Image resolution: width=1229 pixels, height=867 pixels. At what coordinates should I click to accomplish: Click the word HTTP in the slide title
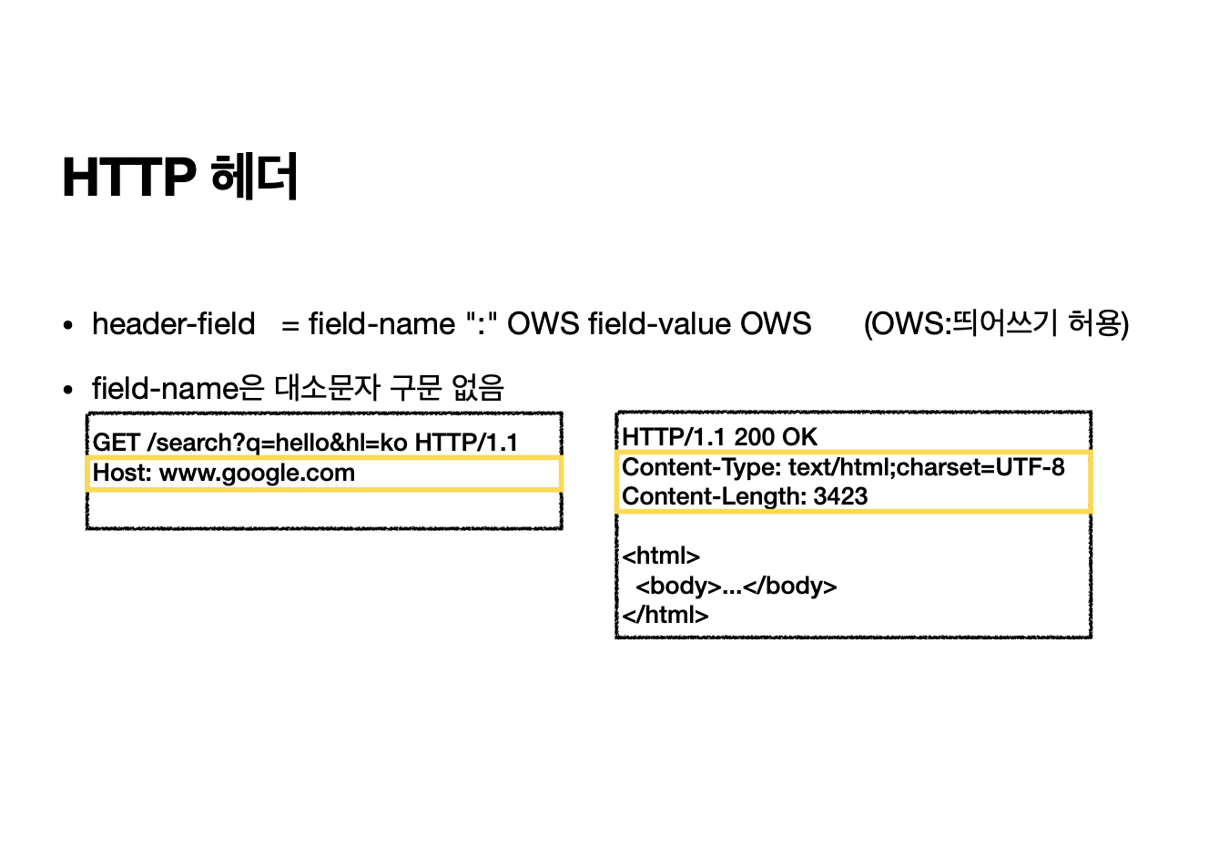tap(128, 177)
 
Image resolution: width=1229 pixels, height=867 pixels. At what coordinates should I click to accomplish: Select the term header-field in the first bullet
tap(173, 324)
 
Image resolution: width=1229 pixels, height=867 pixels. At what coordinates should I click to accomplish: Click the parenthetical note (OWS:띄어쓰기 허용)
tap(996, 324)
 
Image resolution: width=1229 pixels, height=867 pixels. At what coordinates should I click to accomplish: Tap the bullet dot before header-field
tap(68, 326)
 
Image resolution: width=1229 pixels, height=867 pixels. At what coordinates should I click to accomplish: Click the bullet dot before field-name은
tap(68, 390)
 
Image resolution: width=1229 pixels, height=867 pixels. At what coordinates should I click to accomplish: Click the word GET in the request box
tap(116, 443)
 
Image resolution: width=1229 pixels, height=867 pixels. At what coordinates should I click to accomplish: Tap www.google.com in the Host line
tap(257, 473)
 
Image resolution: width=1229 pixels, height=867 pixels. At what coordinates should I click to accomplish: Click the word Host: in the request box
tap(122, 473)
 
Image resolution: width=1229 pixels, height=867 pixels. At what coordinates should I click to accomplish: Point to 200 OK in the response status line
tap(776, 437)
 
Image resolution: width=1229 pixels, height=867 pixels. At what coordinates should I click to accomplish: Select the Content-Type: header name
tap(701, 468)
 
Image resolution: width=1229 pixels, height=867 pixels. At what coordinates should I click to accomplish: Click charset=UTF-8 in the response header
tap(980, 468)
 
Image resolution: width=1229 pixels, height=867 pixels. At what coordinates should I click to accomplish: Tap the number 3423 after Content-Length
tap(840, 497)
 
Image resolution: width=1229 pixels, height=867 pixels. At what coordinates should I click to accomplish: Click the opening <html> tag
tap(661, 556)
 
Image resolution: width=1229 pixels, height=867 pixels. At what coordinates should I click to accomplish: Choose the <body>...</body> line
tap(736, 586)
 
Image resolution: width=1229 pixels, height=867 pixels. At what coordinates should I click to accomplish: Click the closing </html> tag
tap(665, 615)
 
